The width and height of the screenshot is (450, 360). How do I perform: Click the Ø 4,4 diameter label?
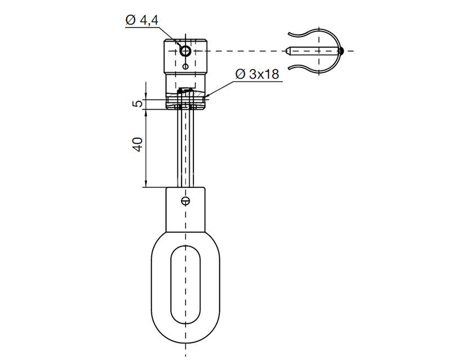click(x=142, y=20)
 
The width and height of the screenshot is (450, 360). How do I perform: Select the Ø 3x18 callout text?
click(x=257, y=74)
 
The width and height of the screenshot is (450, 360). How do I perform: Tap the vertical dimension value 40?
click(x=138, y=145)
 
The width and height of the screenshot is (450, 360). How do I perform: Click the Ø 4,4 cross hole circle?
click(x=186, y=51)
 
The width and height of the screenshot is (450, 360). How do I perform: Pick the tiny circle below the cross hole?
click(x=186, y=66)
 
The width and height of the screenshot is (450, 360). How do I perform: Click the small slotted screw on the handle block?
click(x=186, y=201)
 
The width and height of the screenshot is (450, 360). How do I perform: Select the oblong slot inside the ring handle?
click(x=186, y=285)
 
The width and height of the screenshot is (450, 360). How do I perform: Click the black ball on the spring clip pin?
click(x=341, y=51)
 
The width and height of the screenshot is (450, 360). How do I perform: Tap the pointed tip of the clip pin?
click(x=286, y=51)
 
